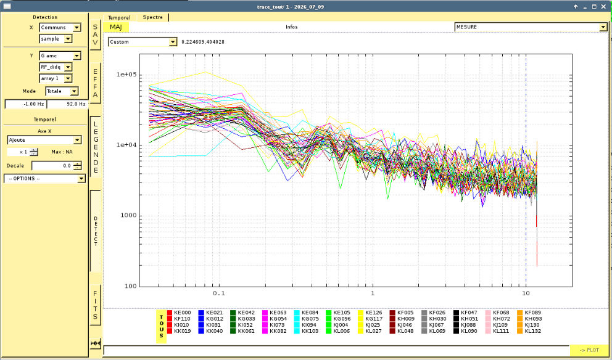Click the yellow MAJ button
[116, 27]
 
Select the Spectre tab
[153, 17]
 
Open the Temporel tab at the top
[120, 17]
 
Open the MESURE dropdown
[531, 27]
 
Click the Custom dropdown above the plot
[143, 42]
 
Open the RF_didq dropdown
[56, 67]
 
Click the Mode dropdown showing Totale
[62, 91]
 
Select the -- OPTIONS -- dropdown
[44, 179]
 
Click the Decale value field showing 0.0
[52, 166]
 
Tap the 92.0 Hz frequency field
[67, 104]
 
